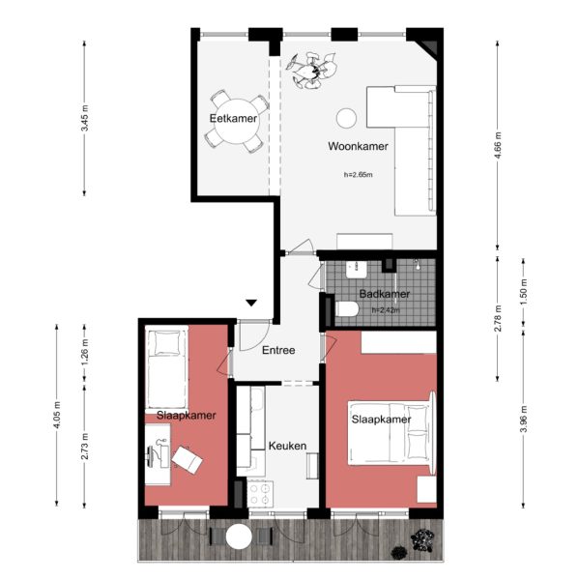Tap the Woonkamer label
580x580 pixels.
(x=358, y=147)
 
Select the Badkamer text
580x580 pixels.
(x=385, y=294)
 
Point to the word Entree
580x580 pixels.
(x=278, y=350)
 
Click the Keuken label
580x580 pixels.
(x=287, y=446)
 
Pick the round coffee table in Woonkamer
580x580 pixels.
(x=345, y=119)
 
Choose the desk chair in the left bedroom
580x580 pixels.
(x=188, y=461)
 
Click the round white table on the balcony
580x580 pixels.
(x=238, y=537)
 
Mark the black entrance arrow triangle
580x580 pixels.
(x=251, y=304)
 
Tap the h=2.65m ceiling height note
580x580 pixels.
(x=358, y=176)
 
